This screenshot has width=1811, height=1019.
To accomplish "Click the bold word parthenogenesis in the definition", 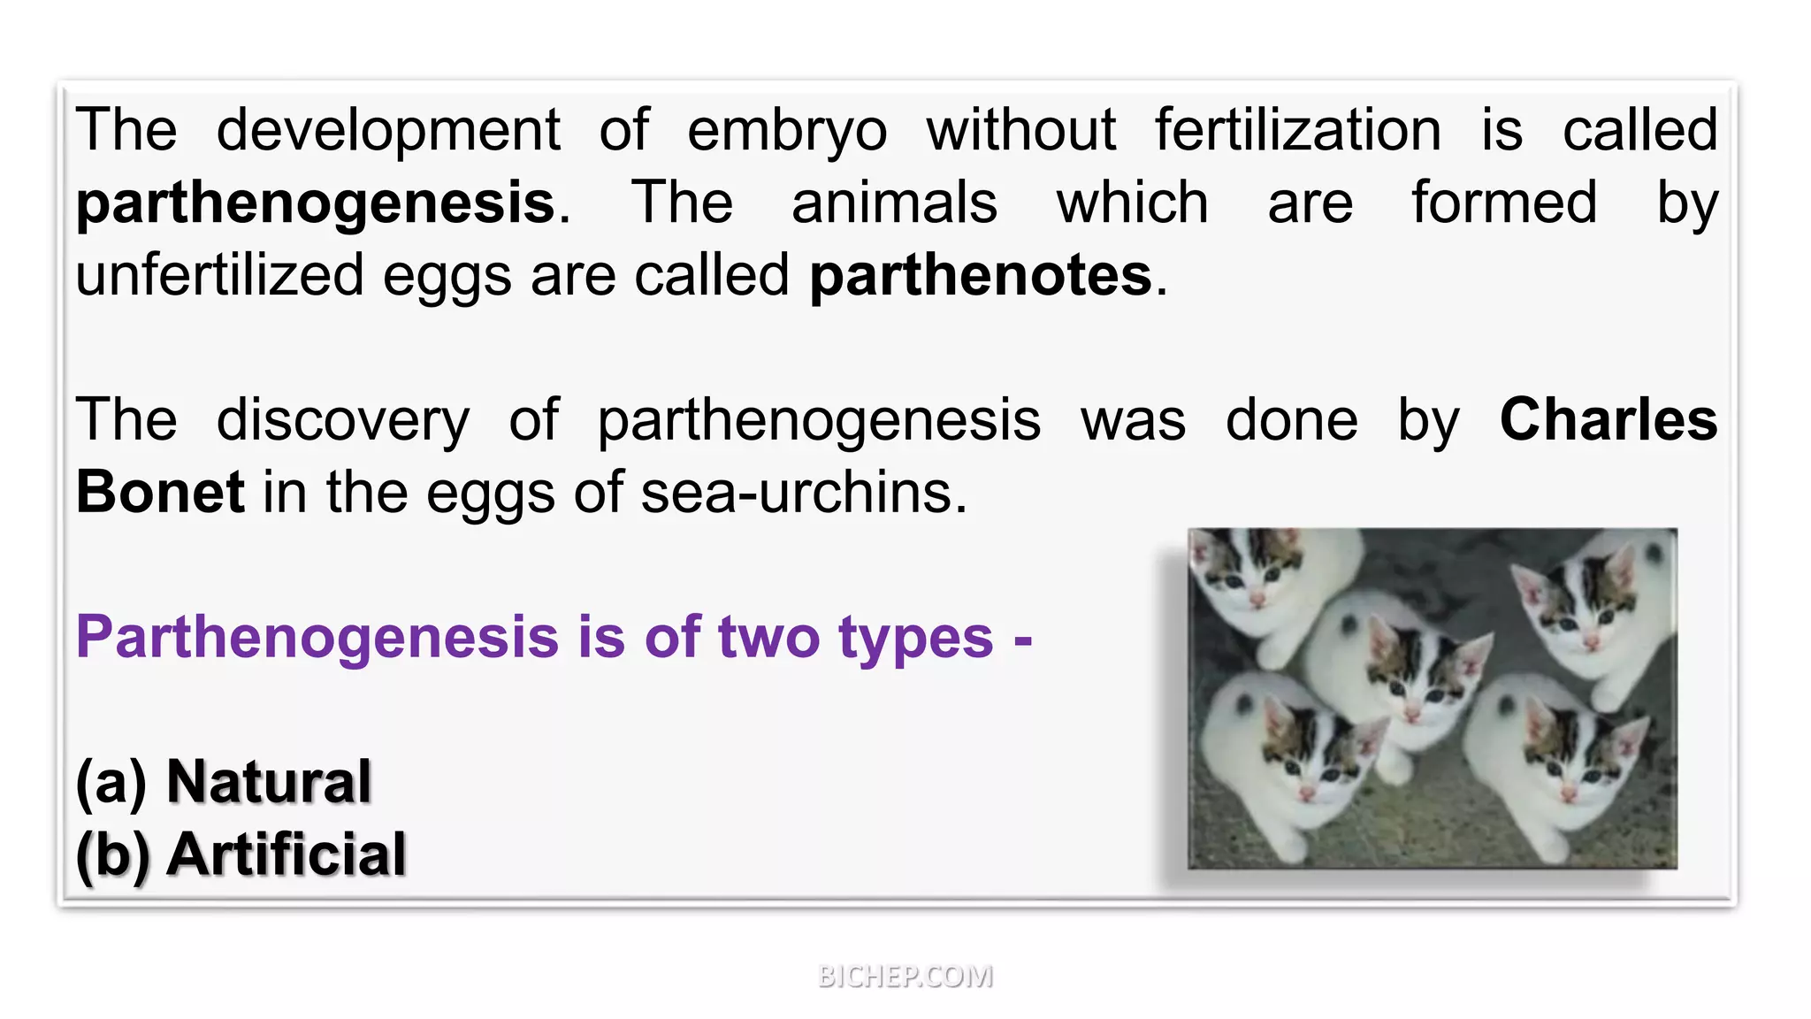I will (x=316, y=203).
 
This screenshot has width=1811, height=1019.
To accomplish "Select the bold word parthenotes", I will (x=981, y=276).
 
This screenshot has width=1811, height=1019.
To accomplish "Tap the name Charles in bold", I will (x=1608, y=419).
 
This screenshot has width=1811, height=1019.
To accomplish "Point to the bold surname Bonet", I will (x=160, y=492).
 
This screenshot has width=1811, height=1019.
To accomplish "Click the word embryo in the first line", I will (x=787, y=131).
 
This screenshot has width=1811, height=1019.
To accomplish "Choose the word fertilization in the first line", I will (x=1298, y=131).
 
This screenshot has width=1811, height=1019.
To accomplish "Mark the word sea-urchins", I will (x=803, y=492).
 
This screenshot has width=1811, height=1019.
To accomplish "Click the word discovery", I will (x=343, y=421).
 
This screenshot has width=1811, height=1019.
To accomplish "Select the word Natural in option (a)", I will (x=269, y=782).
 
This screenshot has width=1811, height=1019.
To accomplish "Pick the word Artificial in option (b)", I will (x=287, y=854).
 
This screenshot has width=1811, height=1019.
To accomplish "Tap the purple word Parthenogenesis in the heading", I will (x=317, y=639).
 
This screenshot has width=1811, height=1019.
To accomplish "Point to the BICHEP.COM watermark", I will (x=905, y=976).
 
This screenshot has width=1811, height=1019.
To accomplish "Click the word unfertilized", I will (x=219, y=276).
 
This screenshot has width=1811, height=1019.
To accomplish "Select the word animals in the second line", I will (x=894, y=203).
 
